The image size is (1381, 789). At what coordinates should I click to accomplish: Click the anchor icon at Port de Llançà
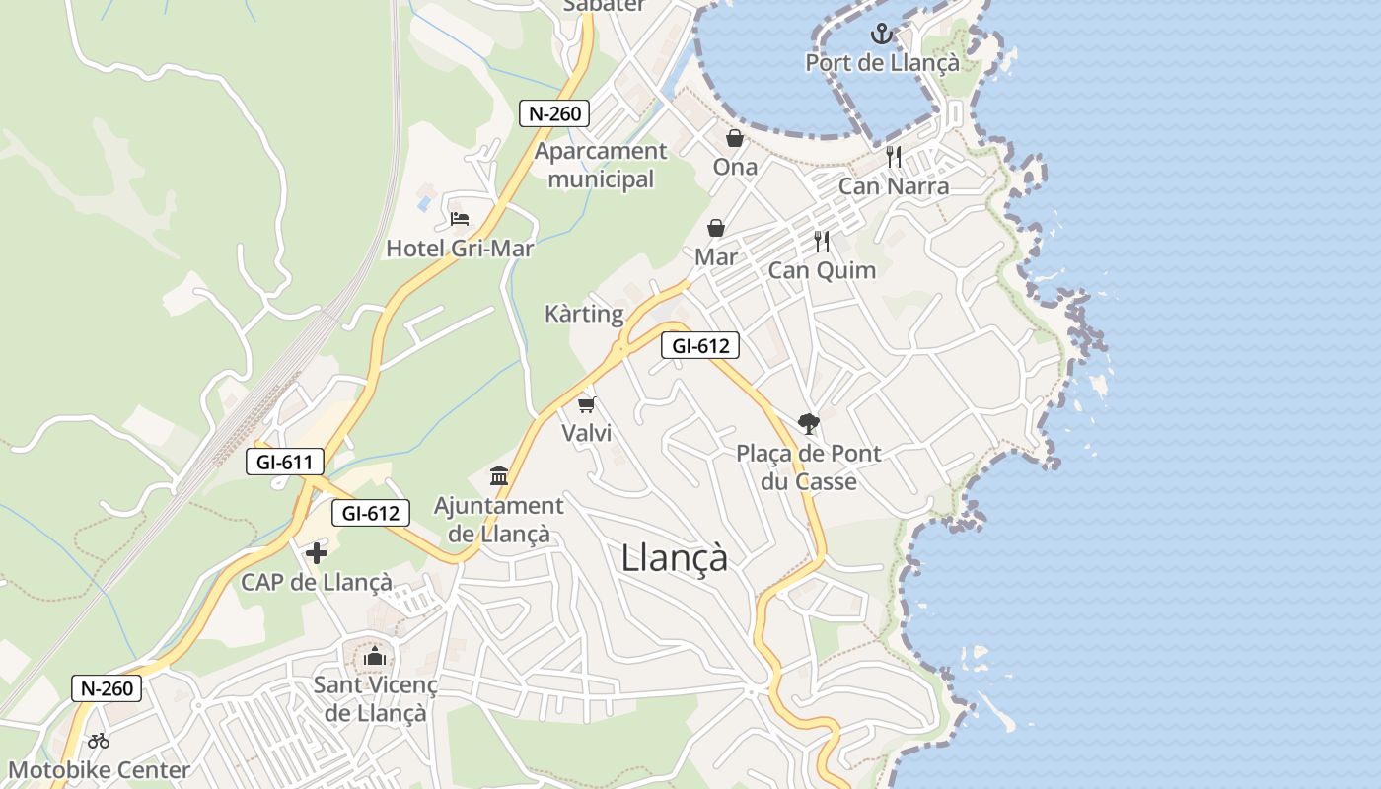tap(881, 35)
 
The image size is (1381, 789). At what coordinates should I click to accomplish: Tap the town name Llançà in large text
tap(675, 558)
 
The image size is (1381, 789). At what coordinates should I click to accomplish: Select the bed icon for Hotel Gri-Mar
tap(459, 218)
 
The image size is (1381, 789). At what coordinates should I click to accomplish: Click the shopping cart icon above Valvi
tap(587, 404)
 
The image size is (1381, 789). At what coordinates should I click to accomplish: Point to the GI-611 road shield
tap(285, 461)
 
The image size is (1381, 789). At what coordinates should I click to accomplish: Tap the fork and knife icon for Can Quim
tap(821, 241)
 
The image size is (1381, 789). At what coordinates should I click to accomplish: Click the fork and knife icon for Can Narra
tap(894, 157)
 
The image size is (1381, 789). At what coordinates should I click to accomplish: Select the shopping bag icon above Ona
tap(735, 138)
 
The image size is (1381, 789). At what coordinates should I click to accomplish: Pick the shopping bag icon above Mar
tap(716, 228)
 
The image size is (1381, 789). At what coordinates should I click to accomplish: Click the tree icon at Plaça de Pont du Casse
tap(808, 424)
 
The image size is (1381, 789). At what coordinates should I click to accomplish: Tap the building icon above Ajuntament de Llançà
tap(499, 477)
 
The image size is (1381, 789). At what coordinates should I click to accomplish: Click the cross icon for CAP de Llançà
tap(317, 553)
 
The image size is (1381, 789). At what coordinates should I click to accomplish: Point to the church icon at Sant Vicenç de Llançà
tap(375, 656)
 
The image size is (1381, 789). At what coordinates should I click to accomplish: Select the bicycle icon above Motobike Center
tap(99, 741)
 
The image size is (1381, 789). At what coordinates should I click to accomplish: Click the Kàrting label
tap(584, 314)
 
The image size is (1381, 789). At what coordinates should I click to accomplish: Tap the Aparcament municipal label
tap(601, 165)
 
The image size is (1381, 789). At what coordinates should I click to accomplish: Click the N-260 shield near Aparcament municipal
tap(554, 113)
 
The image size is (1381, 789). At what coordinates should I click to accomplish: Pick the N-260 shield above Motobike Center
tap(107, 688)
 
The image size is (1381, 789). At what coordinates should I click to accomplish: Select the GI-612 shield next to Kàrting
tap(700, 345)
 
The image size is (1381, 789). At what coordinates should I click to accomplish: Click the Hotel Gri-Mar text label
tap(459, 249)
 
